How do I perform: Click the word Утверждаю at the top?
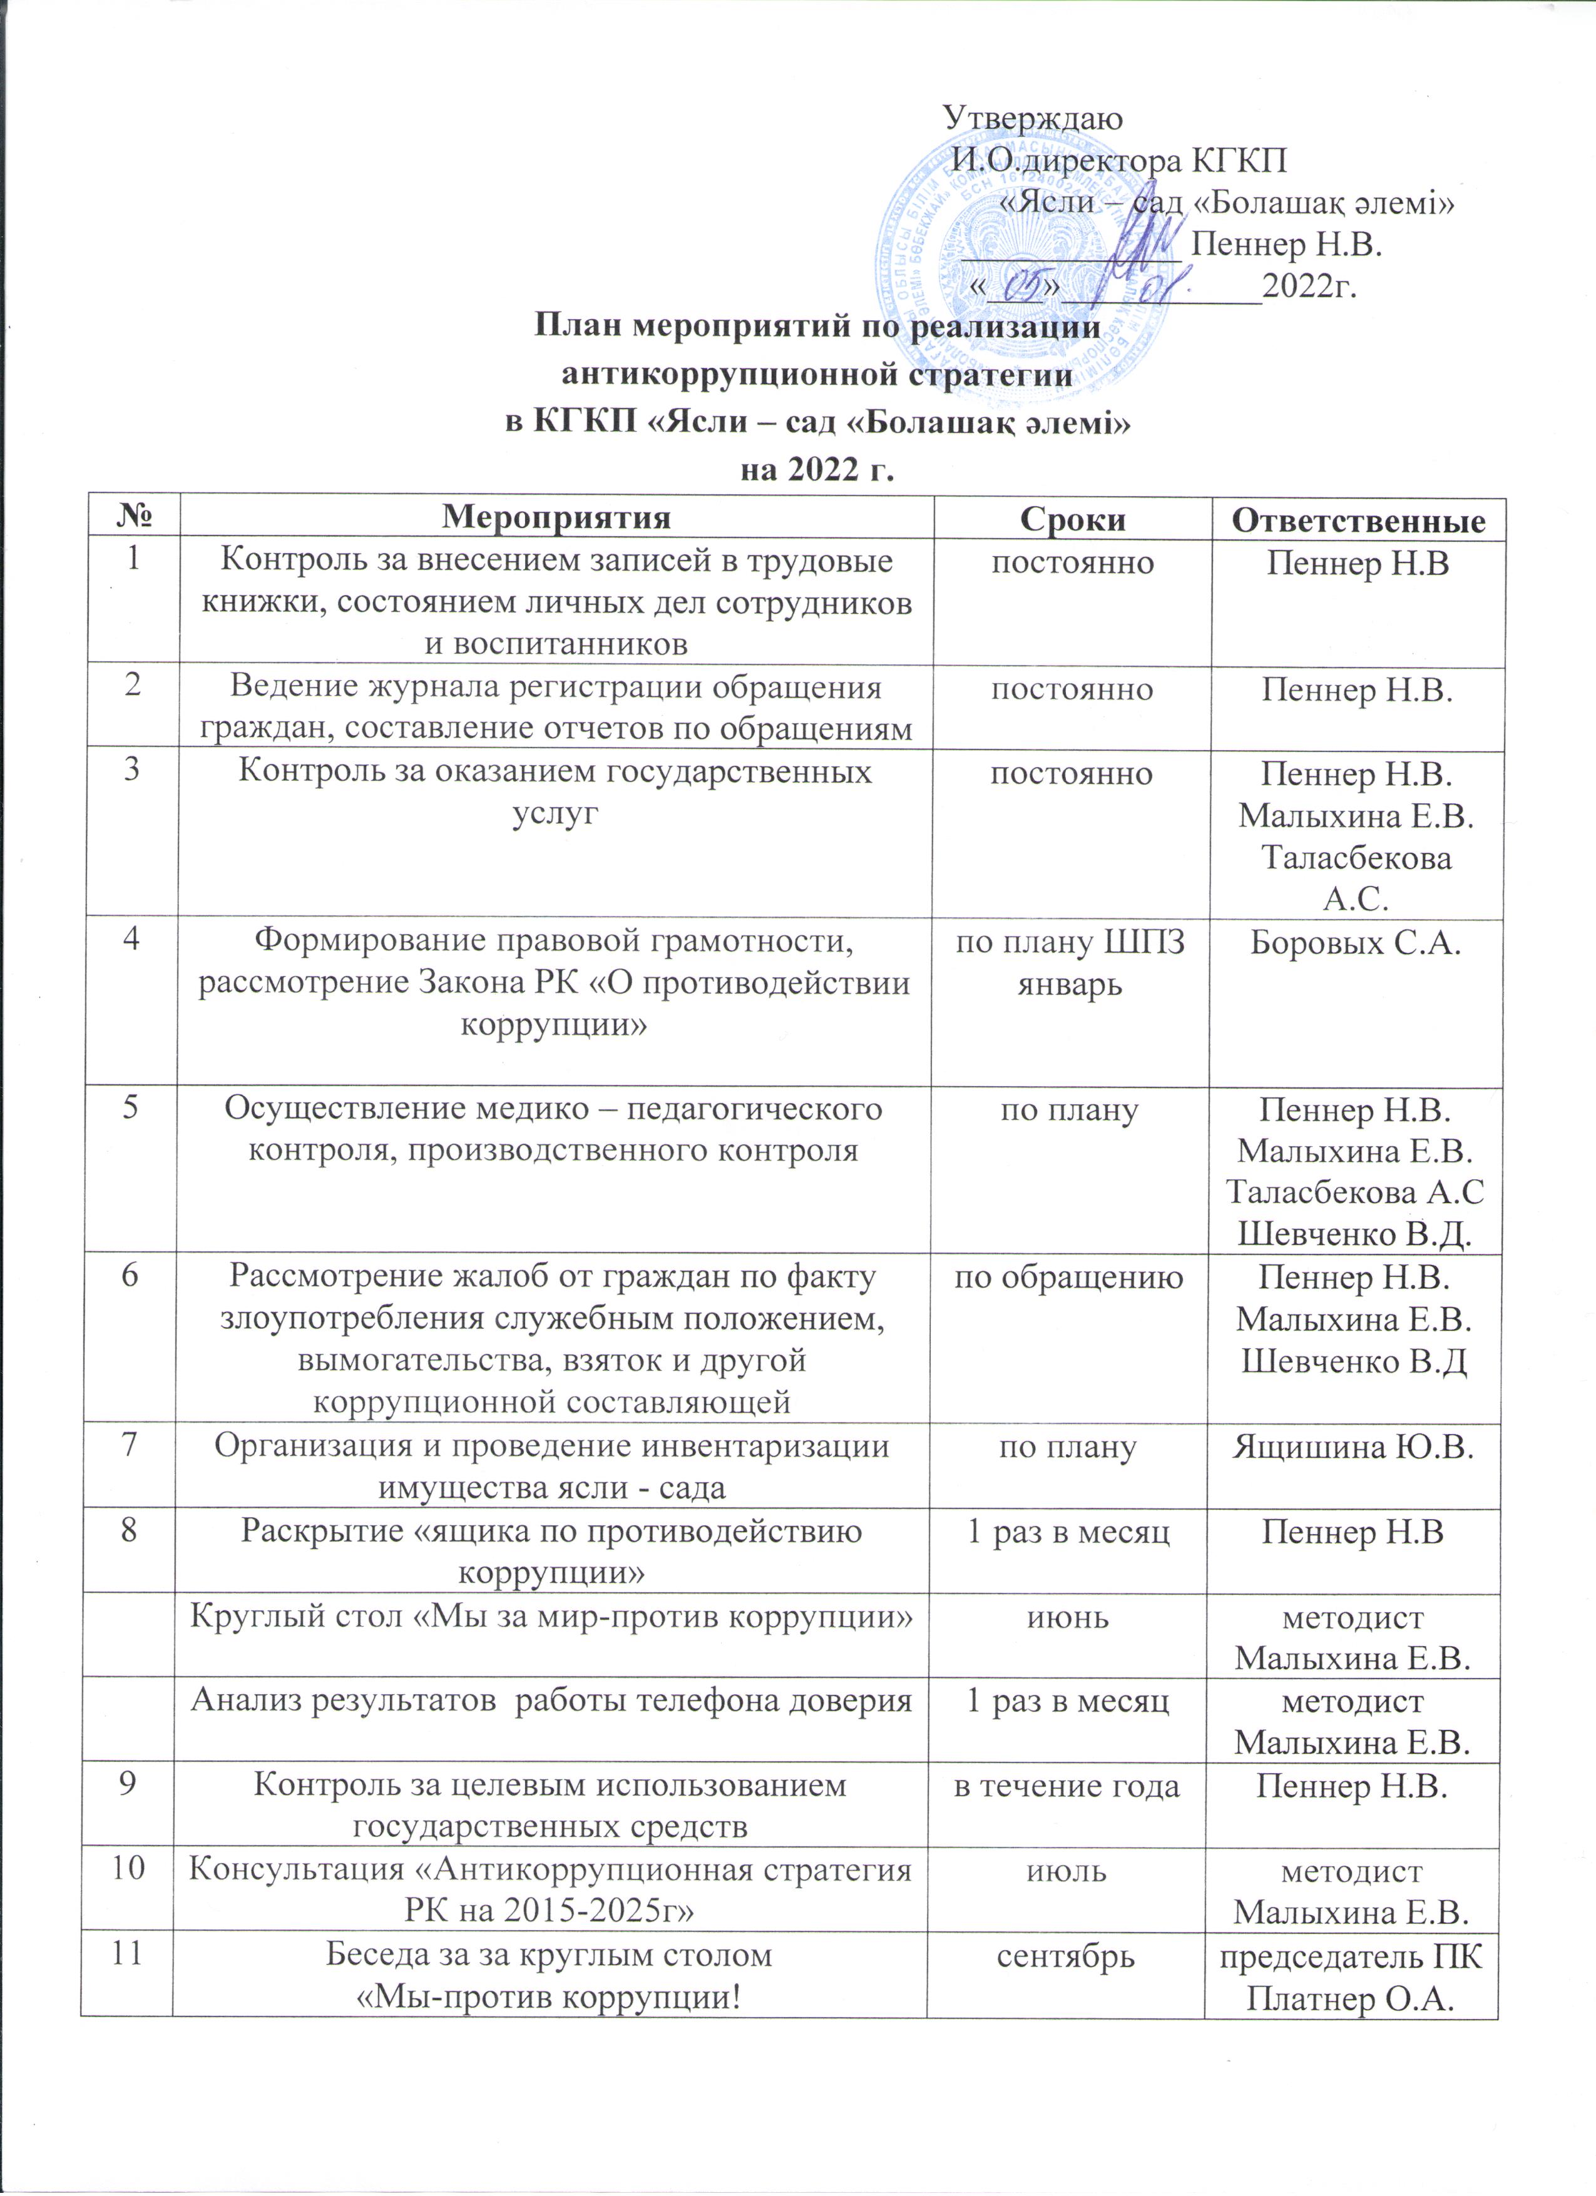(1032, 118)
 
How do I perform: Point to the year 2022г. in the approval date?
(1308, 287)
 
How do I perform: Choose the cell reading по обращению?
(1068, 1277)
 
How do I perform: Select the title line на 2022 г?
(814, 470)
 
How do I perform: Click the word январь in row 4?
(1069, 985)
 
